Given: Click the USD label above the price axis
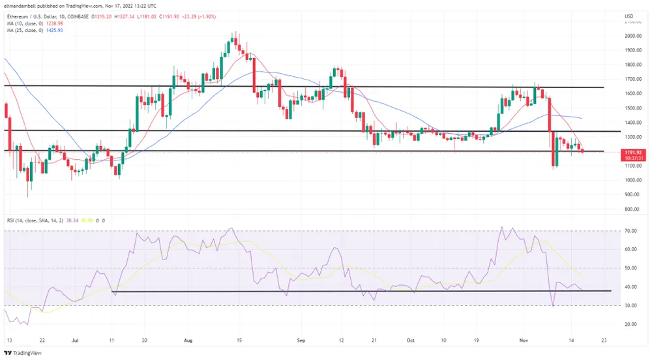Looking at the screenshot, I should tap(629, 16).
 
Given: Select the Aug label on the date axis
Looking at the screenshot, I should tap(190, 340).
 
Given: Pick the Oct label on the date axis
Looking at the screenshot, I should tap(410, 340).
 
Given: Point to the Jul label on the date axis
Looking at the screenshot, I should tap(76, 340).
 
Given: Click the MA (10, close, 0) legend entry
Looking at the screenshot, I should tap(25, 23).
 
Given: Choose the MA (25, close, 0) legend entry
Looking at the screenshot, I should tap(25, 30).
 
